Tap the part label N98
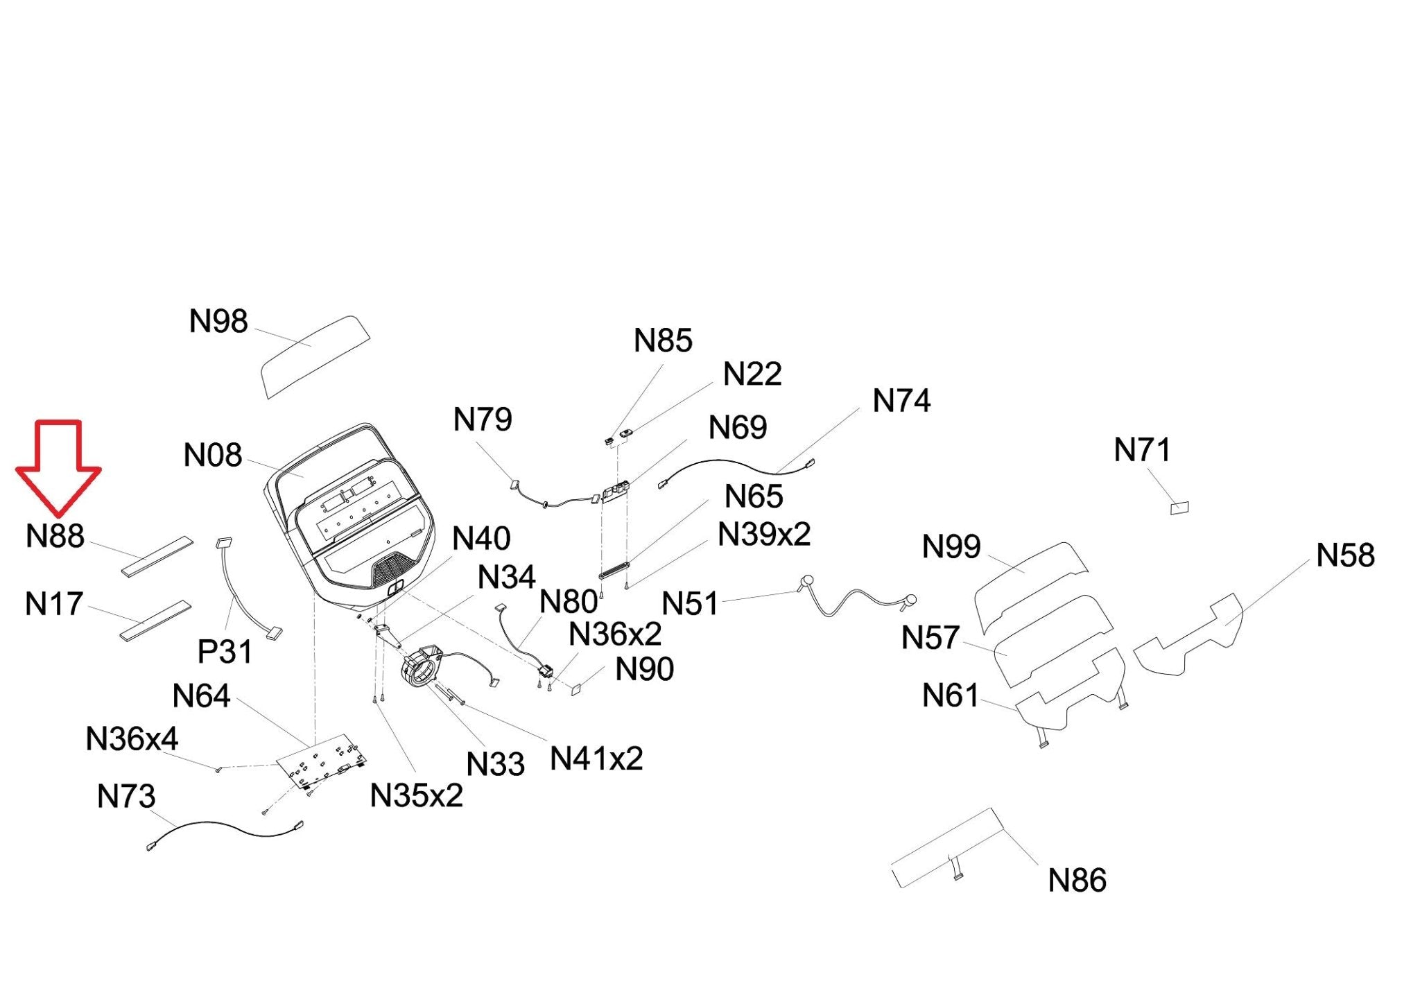coord(218,322)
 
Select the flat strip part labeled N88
coord(157,556)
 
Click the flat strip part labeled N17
coord(155,621)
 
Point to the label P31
coord(225,652)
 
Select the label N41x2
coord(596,759)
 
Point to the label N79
coord(483,419)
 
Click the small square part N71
coord(1179,508)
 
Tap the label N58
coord(1345,555)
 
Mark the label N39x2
coord(764,535)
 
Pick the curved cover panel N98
coord(315,356)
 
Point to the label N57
coord(930,638)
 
